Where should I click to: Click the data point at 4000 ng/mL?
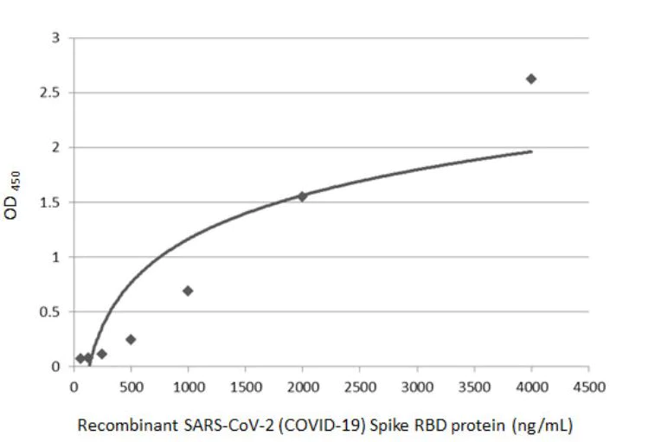point(531,79)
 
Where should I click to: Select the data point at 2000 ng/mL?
point(302,195)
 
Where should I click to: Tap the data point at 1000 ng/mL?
point(188,291)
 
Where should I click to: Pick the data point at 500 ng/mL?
point(131,339)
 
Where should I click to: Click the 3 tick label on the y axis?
point(56,38)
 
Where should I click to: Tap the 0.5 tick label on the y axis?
point(53,312)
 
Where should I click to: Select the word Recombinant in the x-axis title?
point(119,426)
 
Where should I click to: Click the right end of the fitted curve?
point(531,151)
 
